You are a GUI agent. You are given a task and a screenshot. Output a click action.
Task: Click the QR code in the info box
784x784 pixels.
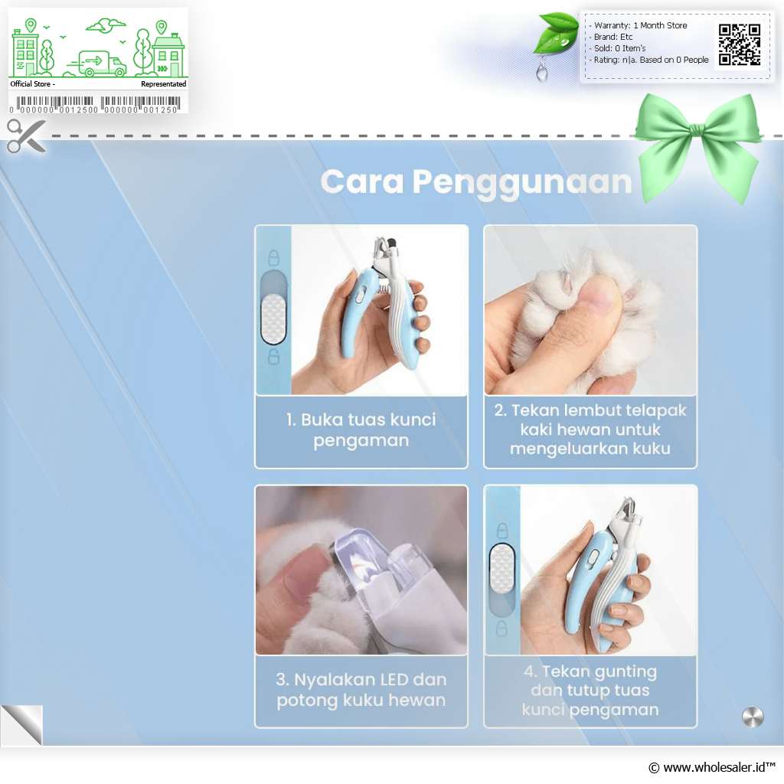point(740,44)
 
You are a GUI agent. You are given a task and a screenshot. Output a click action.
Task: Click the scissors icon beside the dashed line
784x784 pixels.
point(26,136)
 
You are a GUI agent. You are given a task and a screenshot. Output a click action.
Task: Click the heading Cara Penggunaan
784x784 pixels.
point(476,182)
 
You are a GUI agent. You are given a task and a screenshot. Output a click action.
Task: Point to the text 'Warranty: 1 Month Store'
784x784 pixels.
point(640,25)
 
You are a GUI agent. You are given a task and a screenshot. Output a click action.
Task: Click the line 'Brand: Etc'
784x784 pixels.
point(613,37)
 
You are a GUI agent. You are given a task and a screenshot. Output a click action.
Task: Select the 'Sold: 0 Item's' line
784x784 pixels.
point(619,48)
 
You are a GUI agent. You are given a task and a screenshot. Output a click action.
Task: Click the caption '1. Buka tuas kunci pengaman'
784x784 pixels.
point(361,430)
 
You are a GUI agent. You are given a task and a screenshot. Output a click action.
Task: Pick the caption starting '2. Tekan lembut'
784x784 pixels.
point(590,430)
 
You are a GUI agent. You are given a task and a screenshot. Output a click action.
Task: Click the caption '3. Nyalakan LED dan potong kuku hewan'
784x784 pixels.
point(361,690)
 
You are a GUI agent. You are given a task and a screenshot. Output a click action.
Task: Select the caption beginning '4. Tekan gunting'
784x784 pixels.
point(590,690)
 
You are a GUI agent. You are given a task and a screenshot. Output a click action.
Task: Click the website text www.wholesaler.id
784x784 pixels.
point(713,767)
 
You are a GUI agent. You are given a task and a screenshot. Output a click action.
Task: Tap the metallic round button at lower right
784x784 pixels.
point(753,717)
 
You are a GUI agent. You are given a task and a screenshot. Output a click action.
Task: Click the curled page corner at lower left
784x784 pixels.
point(21,725)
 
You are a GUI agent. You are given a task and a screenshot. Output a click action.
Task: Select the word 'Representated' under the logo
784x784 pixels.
point(164,84)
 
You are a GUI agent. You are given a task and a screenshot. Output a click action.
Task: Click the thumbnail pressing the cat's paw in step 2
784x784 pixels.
point(590,310)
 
